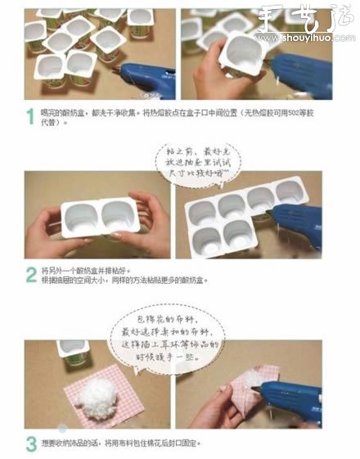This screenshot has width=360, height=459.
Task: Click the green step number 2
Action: click(x=29, y=273)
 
